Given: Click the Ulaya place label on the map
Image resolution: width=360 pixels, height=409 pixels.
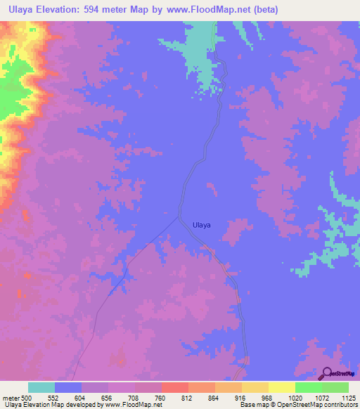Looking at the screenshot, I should coord(202,226).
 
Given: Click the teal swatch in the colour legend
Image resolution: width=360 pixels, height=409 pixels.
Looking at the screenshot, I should coord(41,387).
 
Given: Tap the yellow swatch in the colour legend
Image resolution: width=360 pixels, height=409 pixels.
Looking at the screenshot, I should coord(281,387).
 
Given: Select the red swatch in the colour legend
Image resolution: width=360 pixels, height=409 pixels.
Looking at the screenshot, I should coord(174,387).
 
